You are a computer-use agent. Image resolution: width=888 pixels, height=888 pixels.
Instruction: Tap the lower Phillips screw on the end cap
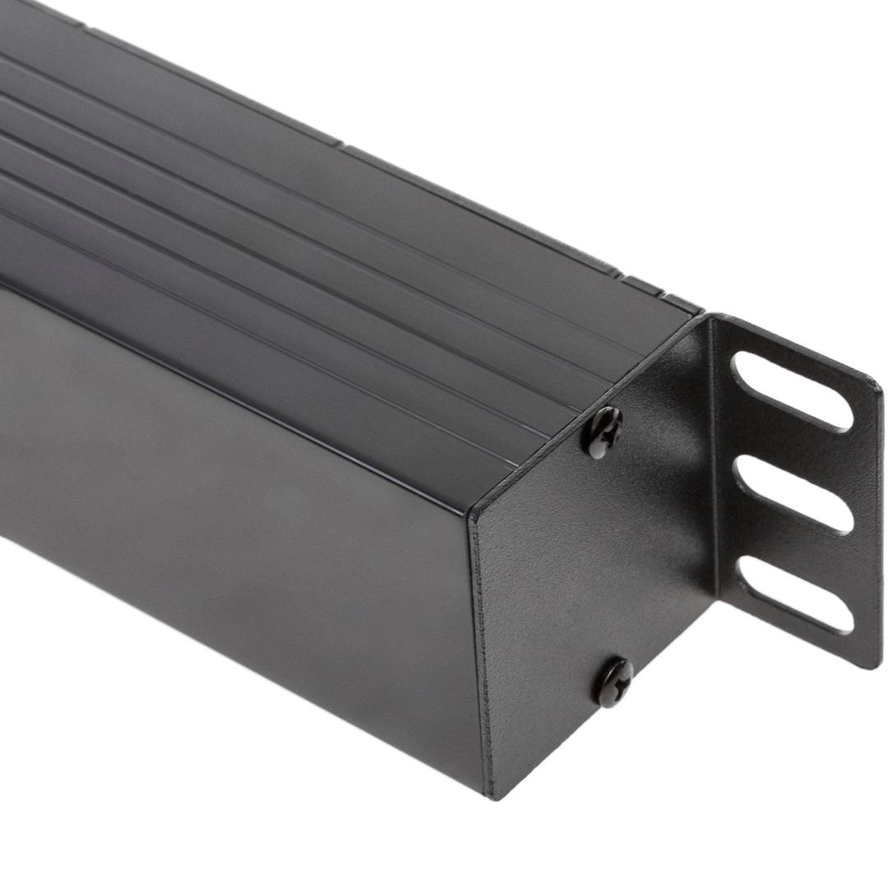(x=614, y=682)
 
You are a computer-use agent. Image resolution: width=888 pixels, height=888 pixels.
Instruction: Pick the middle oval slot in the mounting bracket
(x=790, y=494)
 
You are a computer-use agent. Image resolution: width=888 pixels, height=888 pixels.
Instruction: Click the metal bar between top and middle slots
(x=793, y=444)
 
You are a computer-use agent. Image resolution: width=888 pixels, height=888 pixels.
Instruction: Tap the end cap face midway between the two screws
(x=608, y=559)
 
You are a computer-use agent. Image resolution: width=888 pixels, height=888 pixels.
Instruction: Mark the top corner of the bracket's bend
(x=712, y=317)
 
